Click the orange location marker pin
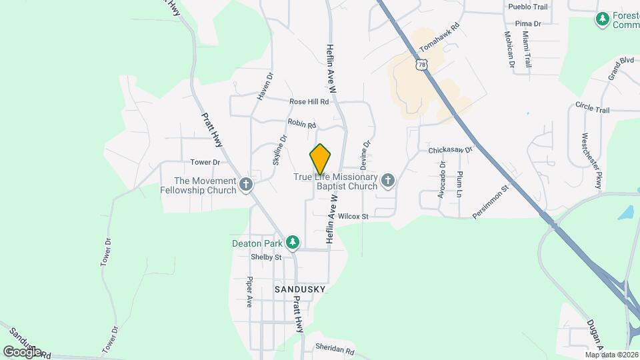[x=321, y=159]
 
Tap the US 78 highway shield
[x=419, y=64]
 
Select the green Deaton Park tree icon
[x=292, y=241]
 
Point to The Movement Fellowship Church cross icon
[x=246, y=185]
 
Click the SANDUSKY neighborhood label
[x=300, y=289]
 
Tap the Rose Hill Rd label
[x=309, y=102]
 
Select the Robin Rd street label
[x=301, y=124]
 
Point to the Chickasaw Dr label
[x=450, y=150]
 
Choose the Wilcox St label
[x=353, y=217]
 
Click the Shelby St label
[x=266, y=257]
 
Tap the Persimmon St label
[x=491, y=201]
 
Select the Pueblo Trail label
[x=527, y=7]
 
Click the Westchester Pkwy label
[x=586, y=146]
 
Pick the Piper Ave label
[x=250, y=291]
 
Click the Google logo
[x=21, y=351]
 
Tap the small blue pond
[x=626, y=213]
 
